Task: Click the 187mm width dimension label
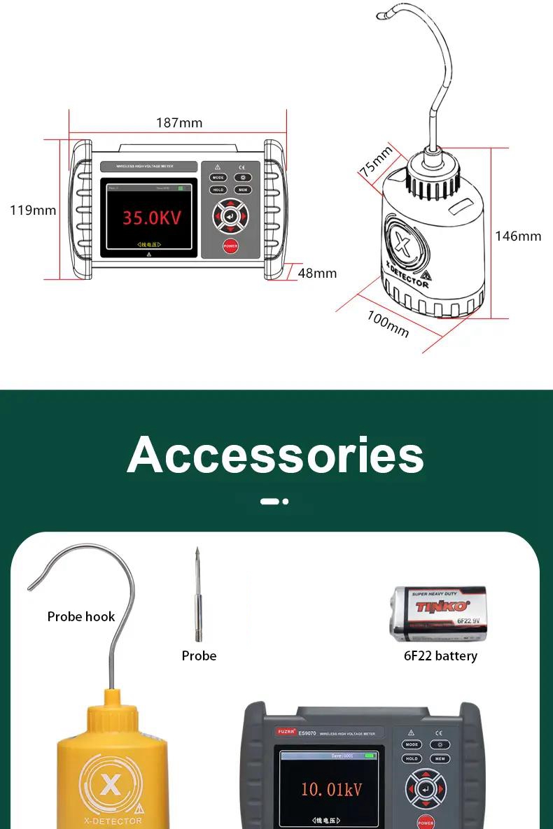click(178, 123)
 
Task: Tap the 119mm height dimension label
click(33, 210)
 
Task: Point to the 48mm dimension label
click(317, 273)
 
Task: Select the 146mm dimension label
click(518, 236)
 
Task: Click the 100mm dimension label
click(388, 323)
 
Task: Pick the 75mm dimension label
click(377, 162)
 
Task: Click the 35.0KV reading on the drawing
click(152, 218)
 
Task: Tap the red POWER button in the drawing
click(230, 246)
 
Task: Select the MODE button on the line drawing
click(218, 178)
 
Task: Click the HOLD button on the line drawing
click(218, 190)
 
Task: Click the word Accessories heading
click(276, 455)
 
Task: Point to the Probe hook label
click(81, 616)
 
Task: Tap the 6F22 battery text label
click(440, 656)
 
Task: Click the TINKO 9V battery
click(437, 614)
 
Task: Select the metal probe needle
click(198, 595)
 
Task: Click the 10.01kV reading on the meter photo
click(331, 790)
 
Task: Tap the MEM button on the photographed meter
click(440, 758)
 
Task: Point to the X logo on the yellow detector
click(110, 785)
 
